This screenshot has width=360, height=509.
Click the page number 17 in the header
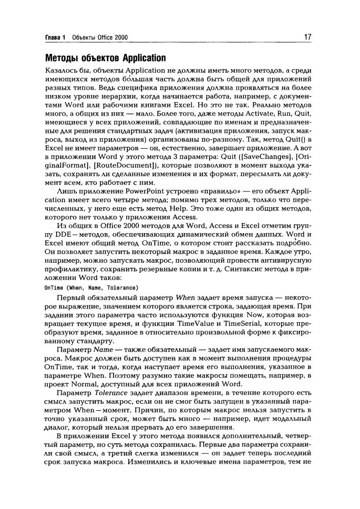point(308,37)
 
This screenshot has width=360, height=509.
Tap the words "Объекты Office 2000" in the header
point(100,38)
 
